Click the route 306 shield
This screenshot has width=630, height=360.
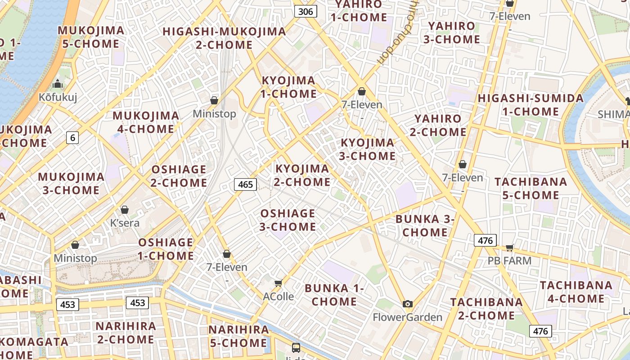(x=306, y=11)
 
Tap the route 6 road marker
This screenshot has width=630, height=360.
(x=72, y=137)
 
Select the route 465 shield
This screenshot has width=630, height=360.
(x=245, y=184)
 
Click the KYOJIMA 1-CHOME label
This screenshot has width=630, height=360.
(x=289, y=87)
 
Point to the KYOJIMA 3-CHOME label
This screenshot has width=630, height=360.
(x=367, y=149)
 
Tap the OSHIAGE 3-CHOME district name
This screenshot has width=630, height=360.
(x=288, y=220)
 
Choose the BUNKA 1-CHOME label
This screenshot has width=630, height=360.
(x=334, y=295)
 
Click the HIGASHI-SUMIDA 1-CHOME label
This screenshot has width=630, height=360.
(x=531, y=105)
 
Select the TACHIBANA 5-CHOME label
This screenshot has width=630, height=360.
(x=531, y=189)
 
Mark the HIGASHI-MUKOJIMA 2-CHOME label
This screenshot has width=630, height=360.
(x=224, y=38)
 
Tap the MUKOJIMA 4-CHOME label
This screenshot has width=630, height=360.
(x=146, y=122)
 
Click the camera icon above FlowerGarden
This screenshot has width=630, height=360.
(x=408, y=304)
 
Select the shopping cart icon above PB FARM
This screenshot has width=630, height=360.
(x=509, y=247)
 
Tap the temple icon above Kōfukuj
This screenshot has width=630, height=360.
(x=58, y=84)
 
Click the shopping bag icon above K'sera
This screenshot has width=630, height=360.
(x=125, y=210)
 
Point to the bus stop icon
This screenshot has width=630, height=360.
(x=296, y=347)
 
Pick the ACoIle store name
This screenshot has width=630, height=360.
(x=279, y=297)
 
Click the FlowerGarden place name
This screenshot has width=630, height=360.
(x=408, y=317)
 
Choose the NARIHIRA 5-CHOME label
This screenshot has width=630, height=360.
(x=238, y=336)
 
